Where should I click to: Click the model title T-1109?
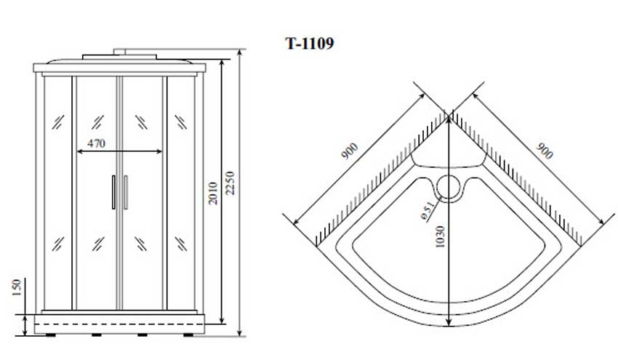310,43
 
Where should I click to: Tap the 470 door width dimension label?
96,143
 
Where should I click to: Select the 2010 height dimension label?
213,193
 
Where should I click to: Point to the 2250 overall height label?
230,183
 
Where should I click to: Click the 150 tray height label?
16,287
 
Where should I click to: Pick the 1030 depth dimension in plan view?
441,236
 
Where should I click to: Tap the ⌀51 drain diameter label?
428,211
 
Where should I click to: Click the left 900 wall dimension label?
349,151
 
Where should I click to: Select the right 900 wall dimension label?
545,151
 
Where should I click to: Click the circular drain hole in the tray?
449,188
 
